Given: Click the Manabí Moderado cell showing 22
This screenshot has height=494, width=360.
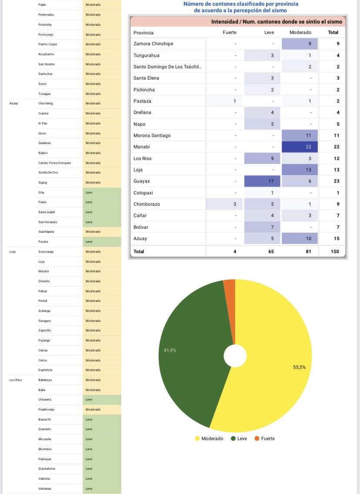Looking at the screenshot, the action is [300, 147].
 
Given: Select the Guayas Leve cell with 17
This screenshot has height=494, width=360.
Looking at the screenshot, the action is [262, 181].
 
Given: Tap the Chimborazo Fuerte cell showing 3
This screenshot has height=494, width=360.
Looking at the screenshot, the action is [224, 204].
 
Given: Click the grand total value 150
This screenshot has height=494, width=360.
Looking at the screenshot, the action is [335, 251].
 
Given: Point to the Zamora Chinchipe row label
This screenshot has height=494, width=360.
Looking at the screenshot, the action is [153, 44].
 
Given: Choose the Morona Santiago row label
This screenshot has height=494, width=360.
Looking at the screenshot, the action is [152, 136].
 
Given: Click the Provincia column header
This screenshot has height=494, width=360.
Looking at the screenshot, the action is [143, 33].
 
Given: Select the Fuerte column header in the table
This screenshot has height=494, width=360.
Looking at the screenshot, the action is [230, 33].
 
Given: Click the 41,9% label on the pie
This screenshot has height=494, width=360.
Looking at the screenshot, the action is [170, 350].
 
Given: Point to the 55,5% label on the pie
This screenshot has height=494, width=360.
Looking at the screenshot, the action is [299, 367].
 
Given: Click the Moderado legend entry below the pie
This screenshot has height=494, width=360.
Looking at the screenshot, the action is [209, 438].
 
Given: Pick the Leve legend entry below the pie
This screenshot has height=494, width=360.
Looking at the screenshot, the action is [239, 438].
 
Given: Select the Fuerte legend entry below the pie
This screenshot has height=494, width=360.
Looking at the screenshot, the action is [265, 438].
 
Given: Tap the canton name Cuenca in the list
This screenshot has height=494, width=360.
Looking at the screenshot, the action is [43, 113].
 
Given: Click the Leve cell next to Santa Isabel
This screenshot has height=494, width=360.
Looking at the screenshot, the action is [102, 212].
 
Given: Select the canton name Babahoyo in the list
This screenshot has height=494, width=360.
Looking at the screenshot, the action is [45, 380].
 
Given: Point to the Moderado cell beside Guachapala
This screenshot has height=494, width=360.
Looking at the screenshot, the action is [102, 232].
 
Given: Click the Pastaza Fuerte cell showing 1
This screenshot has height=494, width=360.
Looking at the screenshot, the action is [224, 101].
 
